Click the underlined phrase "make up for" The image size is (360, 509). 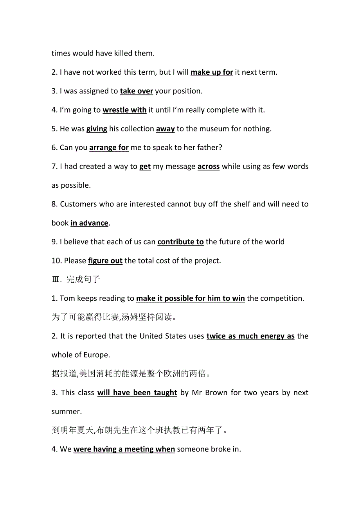tap(212, 72)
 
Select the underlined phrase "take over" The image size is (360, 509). tap(136, 91)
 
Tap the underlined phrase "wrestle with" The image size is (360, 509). tap(124, 110)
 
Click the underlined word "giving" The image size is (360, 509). tap(97, 129)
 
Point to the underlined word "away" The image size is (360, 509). tap(165, 129)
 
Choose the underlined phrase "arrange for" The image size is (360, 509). tap(109, 148)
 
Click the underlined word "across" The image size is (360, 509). tap(208, 167)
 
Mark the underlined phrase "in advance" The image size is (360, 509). tap(89, 223)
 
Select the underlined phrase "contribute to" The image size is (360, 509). tap(180, 242)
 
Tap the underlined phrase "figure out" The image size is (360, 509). tap(105, 261)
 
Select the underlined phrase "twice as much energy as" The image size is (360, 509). tap(250, 336)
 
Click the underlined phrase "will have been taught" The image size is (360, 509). tap(137, 393)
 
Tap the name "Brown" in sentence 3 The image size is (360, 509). tap(216, 393)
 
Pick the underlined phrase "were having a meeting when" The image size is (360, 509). tap(124, 449)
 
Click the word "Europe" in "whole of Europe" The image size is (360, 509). tap(95, 355)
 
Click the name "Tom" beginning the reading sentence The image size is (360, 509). tap(67, 298)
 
